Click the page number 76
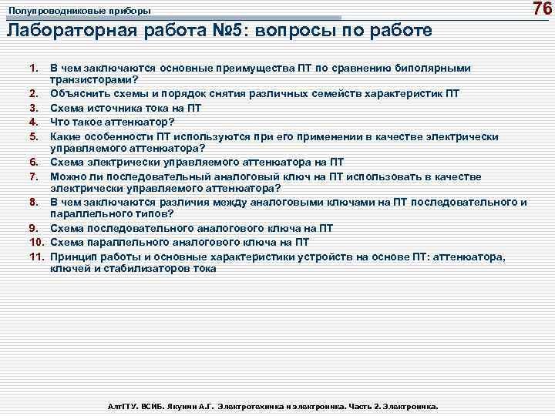coord(543,9)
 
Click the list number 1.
coord(34,69)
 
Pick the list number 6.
coord(34,162)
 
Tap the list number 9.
coord(34,228)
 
